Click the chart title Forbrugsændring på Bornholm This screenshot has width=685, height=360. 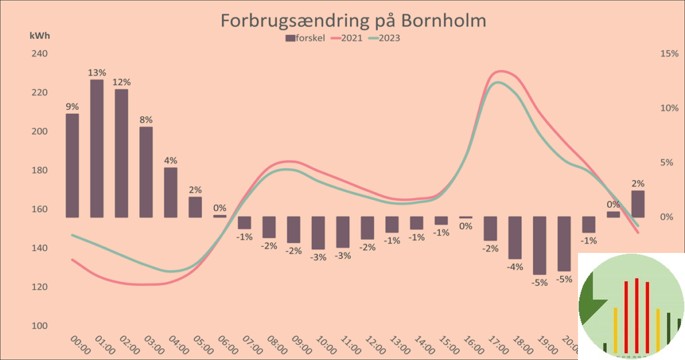pyautogui.click(x=353, y=21)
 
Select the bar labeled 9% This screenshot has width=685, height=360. pyautogui.click(x=72, y=165)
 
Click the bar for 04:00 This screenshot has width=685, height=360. pyautogui.click(x=171, y=192)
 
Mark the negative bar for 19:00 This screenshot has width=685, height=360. pyautogui.click(x=539, y=246)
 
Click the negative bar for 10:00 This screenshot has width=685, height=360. pyautogui.click(x=318, y=233)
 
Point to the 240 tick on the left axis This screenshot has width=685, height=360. pyautogui.click(x=38, y=54)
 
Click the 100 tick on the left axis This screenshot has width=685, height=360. pyautogui.click(x=38, y=326)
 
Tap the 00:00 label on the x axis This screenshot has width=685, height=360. pyautogui.click(x=80, y=345)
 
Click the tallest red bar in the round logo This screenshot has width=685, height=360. pyautogui.click(x=636, y=315)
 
